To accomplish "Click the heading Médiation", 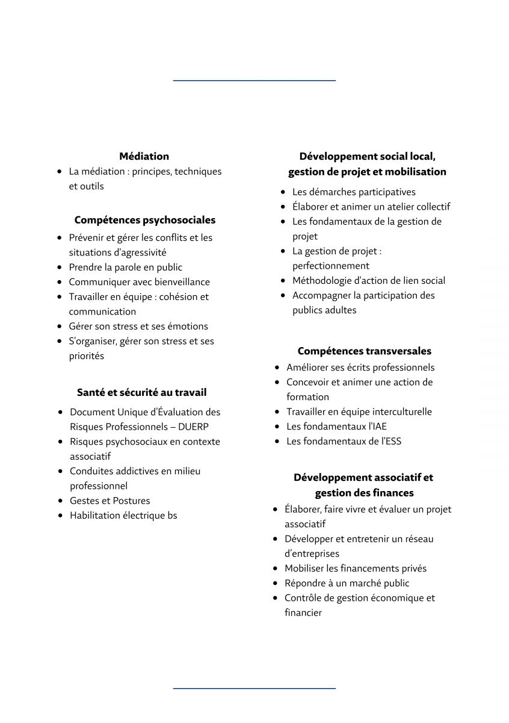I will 144,156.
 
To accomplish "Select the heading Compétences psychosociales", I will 144,220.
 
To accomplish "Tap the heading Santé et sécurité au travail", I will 141,392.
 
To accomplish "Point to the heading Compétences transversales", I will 364,351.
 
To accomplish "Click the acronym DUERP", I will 194,427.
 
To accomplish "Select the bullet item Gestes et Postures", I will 110,501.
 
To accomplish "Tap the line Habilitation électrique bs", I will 123,515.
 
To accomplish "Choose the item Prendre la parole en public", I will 125,267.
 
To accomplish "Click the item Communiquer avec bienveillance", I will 139,282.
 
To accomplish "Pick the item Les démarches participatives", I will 354,192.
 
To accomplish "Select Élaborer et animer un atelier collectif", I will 371,207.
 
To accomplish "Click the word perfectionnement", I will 331,266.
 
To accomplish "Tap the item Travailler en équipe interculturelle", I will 359,412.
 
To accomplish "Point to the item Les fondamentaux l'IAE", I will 336,427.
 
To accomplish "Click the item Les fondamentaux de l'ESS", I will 344,441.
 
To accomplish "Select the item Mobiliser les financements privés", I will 355,568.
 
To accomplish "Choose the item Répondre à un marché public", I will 347,583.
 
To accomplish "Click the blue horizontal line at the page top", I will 254,80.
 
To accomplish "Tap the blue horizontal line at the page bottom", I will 254,687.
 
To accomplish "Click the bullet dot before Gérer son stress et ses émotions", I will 60,326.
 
